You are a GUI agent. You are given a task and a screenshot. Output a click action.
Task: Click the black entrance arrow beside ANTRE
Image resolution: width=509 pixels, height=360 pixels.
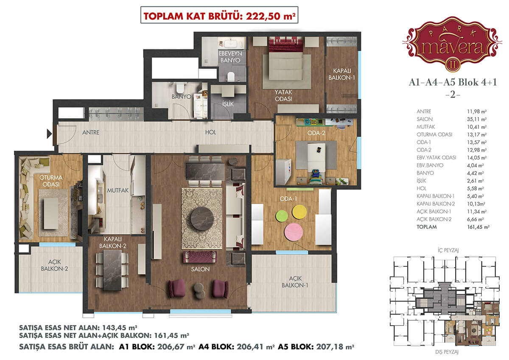pos(49,134)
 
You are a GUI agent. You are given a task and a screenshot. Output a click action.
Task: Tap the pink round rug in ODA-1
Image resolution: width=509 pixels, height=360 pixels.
pos(294,232)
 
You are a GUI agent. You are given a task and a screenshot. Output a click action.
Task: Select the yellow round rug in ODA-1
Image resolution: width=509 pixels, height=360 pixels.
pos(299,212)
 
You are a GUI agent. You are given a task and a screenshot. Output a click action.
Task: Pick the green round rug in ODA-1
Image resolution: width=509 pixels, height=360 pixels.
pos(282,216)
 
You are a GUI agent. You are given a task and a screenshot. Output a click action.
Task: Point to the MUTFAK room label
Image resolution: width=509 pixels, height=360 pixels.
pos(118,190)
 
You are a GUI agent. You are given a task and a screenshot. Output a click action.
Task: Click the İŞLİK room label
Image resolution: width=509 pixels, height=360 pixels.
pos(228,104)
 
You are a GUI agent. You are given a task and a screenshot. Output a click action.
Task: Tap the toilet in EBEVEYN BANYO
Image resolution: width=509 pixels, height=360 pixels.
pos(231,77)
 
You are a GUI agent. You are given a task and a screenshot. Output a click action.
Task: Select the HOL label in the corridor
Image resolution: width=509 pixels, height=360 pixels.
pos(211,132)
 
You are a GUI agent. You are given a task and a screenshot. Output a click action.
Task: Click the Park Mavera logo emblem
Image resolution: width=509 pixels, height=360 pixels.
pos(452,44)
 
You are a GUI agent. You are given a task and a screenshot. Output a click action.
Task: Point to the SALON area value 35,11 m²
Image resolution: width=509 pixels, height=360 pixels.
pos(477,119)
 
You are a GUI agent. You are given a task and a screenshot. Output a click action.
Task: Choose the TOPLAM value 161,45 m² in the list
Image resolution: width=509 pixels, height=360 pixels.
pos(478,227)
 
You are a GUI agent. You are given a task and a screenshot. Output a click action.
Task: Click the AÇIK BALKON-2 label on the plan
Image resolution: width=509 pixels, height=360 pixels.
pos(54,265)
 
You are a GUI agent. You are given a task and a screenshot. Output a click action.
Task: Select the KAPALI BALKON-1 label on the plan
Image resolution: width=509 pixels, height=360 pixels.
pos(341,74)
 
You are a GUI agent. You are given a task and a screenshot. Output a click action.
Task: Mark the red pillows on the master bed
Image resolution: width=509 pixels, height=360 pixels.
pos(286,45)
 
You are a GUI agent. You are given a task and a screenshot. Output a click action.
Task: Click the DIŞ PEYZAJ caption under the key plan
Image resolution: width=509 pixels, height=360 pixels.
pos(447,352)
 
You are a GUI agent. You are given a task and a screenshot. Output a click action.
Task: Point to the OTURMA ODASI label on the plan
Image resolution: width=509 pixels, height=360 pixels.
pos(50,181)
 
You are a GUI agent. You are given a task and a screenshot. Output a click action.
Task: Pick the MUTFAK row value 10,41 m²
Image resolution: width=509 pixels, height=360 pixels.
pos(477,127)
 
